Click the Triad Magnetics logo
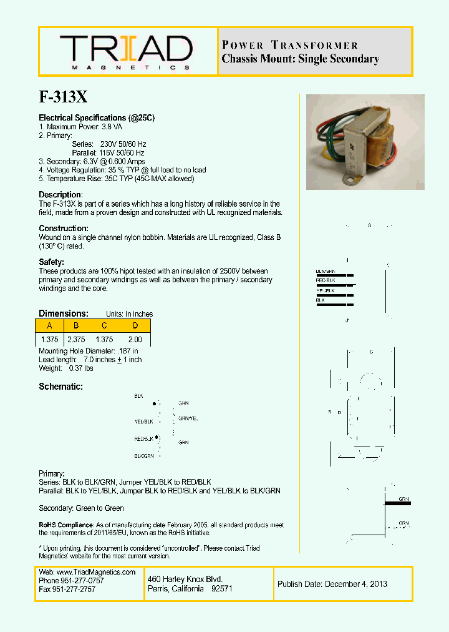126,51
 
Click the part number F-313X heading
64,97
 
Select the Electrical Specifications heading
97,118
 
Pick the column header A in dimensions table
49,326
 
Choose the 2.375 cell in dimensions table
75,340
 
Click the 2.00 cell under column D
134,340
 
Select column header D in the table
135,326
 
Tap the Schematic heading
60,387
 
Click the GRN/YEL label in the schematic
188,418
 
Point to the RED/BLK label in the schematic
143,439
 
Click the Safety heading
51,262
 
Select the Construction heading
64,229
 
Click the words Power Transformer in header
290,45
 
